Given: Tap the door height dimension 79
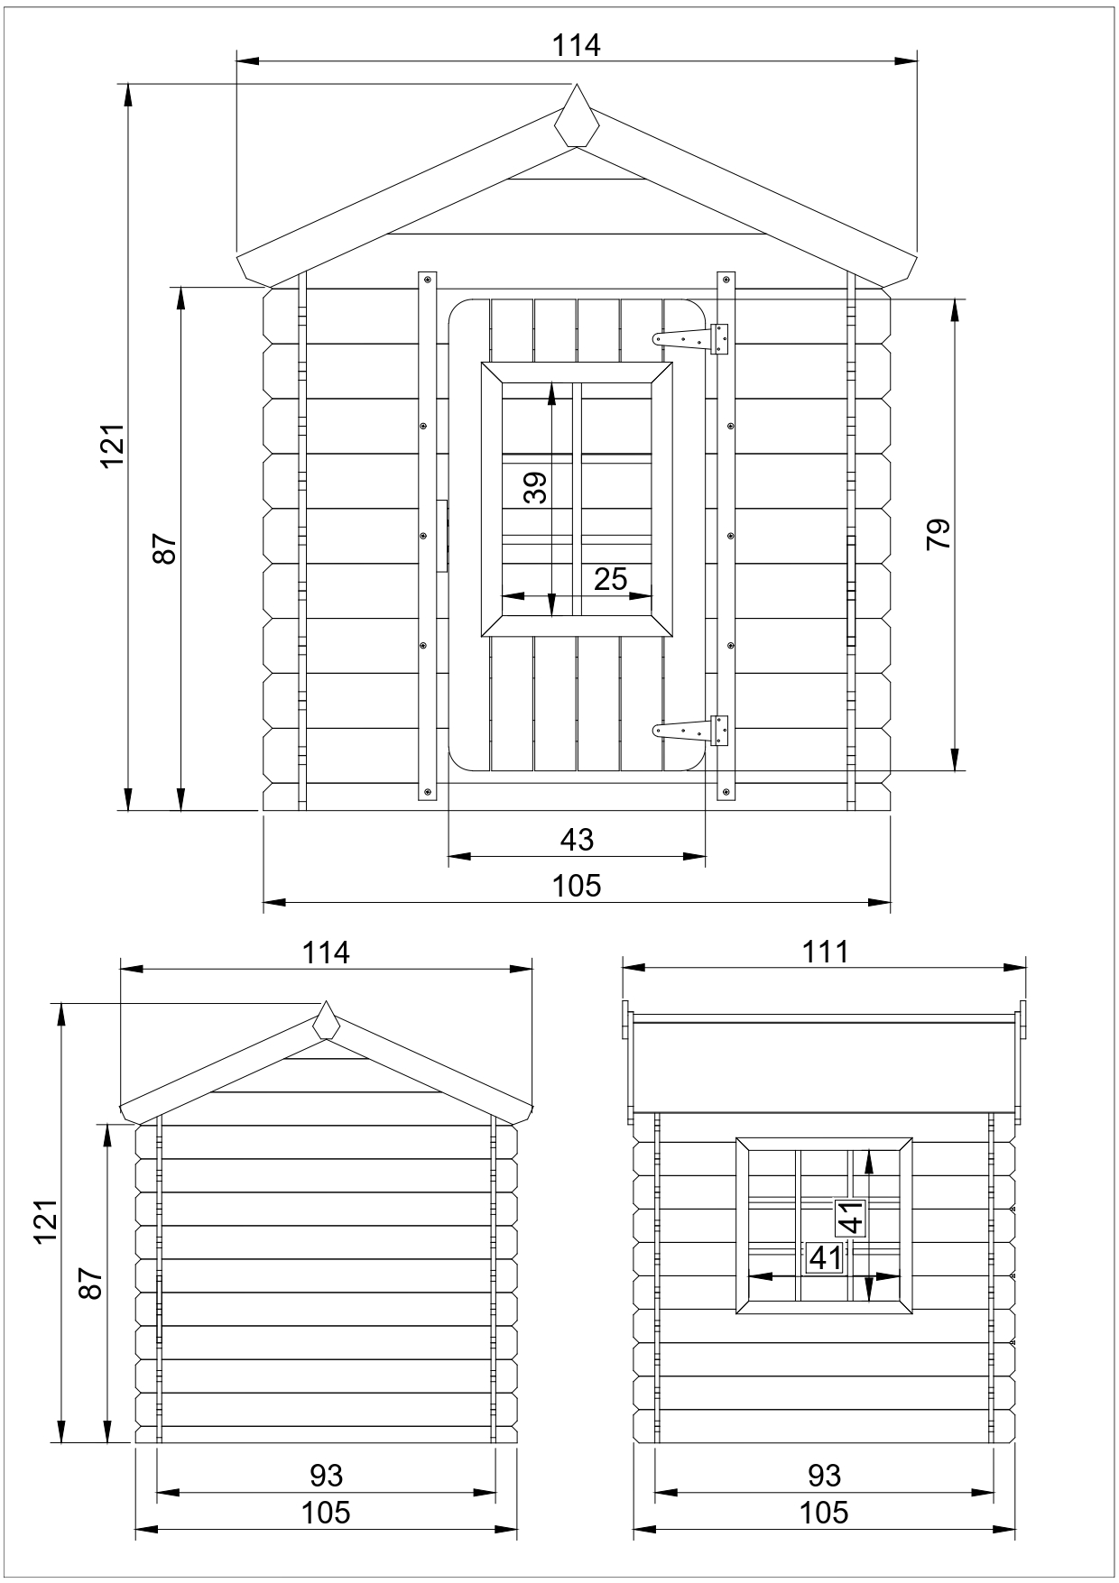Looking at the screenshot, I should pyautogui.click(x=938, y=535).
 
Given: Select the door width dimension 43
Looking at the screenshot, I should pyautogui.click(x=577, y=840).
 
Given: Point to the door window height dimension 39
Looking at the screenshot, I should pyautogui.click(x=536, y=488).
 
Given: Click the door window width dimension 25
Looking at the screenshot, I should pyautogui.click(x=610, y=579).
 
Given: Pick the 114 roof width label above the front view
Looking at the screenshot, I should pyautogui.click(x=577, y=45).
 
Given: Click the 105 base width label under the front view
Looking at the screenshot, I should pyautogui.click(x=577, y=886).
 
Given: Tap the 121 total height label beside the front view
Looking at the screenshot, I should pyautogui.click(x=112, y=445).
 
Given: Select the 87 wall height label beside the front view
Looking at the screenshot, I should pyautogui.click(x=164, y=548).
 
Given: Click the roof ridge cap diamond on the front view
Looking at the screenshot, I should pyautogui.click(x=577, y=117).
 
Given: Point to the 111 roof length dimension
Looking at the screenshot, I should pyautogui.click(x=825, y=953).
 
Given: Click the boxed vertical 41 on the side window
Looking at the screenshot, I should pyautogui.click(x=851, y=1217).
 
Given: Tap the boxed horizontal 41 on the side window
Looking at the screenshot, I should pyautogui.click(x=825, y=1256).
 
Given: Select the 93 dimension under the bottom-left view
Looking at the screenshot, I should pyautogui.click(x=326, y=1475).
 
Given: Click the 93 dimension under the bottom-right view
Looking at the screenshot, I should pyautogui.click(x=824, y=1475).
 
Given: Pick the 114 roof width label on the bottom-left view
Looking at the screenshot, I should pyautogui.click(x=326, y=953).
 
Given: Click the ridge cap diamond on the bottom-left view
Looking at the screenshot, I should pyautogui.click(x=326, y=1021).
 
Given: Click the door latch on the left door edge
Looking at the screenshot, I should pyautogui.click(x=442, y=536).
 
